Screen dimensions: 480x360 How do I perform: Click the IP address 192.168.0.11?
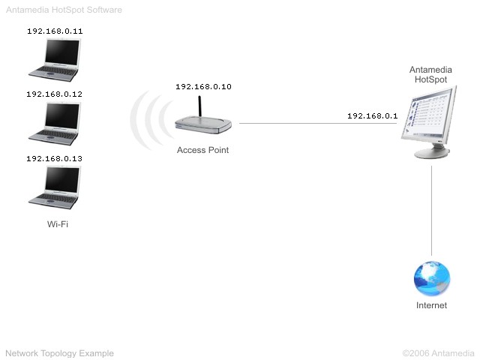tap(55, 31)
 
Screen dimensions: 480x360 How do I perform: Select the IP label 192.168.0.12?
tap(55, 94)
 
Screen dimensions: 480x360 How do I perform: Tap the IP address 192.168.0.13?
tap(55, 158)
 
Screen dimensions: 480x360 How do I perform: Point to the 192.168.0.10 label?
tap(203, 87)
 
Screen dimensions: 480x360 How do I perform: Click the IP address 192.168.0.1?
tap(373, 115)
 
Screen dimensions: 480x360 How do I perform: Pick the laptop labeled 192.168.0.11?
tap(55, 60)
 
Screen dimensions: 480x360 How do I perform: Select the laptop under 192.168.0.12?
tap(55, 124)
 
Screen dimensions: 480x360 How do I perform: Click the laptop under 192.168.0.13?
tap(55, 187)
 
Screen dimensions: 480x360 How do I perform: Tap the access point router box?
tap(203, 125)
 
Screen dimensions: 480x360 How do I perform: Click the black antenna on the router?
tap(199, 106)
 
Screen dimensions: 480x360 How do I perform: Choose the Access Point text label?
tap(202, 150)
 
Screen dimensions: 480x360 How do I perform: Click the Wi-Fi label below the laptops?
tap(58, 224)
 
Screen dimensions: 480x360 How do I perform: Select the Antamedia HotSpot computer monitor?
tap(428, 121)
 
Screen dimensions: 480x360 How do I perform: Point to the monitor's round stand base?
tap(432, 153)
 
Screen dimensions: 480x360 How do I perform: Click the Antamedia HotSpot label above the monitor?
tap(430, 74)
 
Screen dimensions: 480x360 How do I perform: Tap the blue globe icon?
tap(432, 278)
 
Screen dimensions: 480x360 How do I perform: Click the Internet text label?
tap(432, 305)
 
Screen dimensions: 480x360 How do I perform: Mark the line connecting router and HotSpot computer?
tap(318, 123)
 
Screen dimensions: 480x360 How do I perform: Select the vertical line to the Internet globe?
tap(432, 211)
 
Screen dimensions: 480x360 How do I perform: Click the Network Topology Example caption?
tap(60, 353)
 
